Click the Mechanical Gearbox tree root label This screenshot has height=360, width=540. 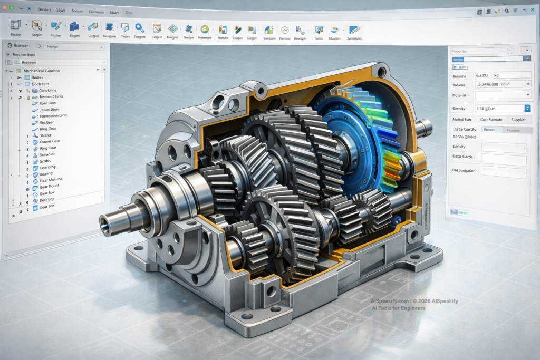click(x=46, y=70)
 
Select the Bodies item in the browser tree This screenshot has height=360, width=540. click(x=37, y=77)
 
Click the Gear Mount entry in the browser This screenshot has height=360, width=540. click(x=51, y=180)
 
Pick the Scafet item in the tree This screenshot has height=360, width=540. click(x=47, y=161)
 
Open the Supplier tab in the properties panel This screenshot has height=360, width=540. click(x=515, y=120)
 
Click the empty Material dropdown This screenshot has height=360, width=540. click(x=502, y=95)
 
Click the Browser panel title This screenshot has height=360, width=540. click(x=22, y=46)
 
